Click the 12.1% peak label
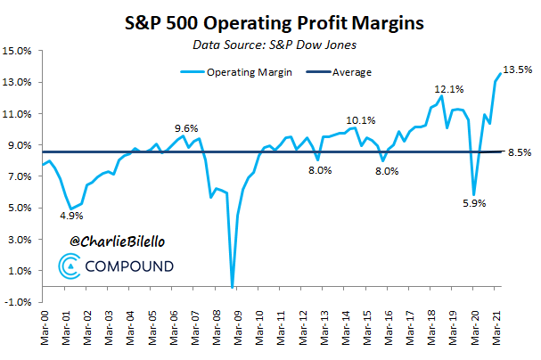coord(448,88)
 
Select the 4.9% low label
coord(73,216)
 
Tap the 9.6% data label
coord(185,127)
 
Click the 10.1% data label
coord(361,119)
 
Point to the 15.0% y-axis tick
coord(20,51)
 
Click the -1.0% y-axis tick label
coord(20,302)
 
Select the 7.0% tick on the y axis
coord(21,176)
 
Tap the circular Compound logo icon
coord(70,266)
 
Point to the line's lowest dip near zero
coord(233,286)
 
